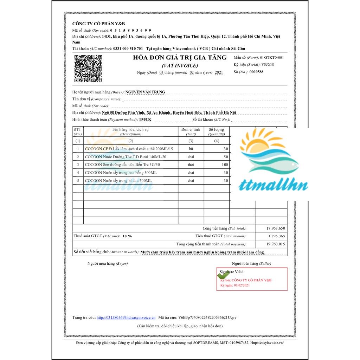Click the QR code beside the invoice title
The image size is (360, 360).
(x=88, y=69)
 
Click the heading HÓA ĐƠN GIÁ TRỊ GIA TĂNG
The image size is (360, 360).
(x=180, y=58)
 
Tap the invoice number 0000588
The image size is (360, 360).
(x=256, y=72)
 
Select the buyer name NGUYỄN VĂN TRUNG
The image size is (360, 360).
(x=145, y=92)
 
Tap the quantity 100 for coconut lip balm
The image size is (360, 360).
(x=225, y=165)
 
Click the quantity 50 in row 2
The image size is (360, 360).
(x=226, y=157)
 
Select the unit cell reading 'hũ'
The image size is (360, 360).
(x=191, y=149)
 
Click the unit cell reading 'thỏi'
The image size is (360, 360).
(x=191, y=165)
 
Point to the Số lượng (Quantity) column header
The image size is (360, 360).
(x=216, y=131)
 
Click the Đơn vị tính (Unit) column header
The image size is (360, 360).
(x=191, y=131)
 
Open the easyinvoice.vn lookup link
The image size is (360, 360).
(x=126, y=317)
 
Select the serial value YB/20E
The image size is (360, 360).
(x=268, y=65)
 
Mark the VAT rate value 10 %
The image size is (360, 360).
(x=127, y=236)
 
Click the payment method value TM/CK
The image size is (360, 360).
(x=145, y=120)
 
